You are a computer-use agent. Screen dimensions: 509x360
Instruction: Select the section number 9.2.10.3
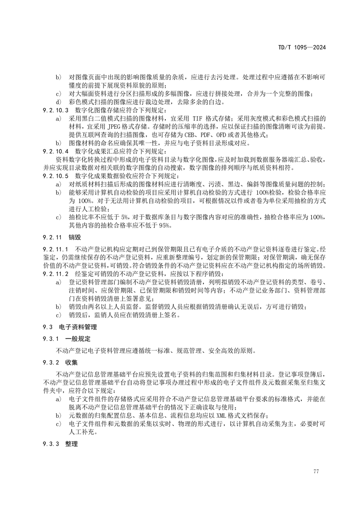55,110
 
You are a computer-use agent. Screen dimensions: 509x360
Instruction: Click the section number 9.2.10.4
55,151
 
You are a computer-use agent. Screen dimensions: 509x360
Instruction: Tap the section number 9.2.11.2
55,274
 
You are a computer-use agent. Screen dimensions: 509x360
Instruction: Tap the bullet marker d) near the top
58,102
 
